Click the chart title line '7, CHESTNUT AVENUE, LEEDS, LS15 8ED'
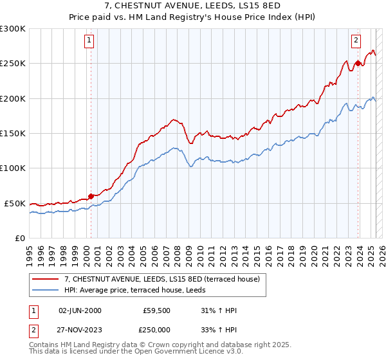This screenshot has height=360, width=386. pyautogui.click(x=193, y=6)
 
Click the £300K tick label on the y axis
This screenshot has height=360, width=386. pyautogui.click(x=13, y=29)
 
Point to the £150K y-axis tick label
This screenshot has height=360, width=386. pyautogui.click(x=13, y=133)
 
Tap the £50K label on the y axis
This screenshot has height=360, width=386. pyautogui.click(x=15, y=203)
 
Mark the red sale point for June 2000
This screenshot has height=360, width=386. pyautogui.click(x=91, y=196)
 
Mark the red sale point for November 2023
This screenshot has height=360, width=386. pyautogui.click(x=358, y=63)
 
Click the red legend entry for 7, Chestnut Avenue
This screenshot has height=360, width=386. pyautogui.click(x=161, y=279)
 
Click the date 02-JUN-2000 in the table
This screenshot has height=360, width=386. pyautogui.click(x=80, y=310)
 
